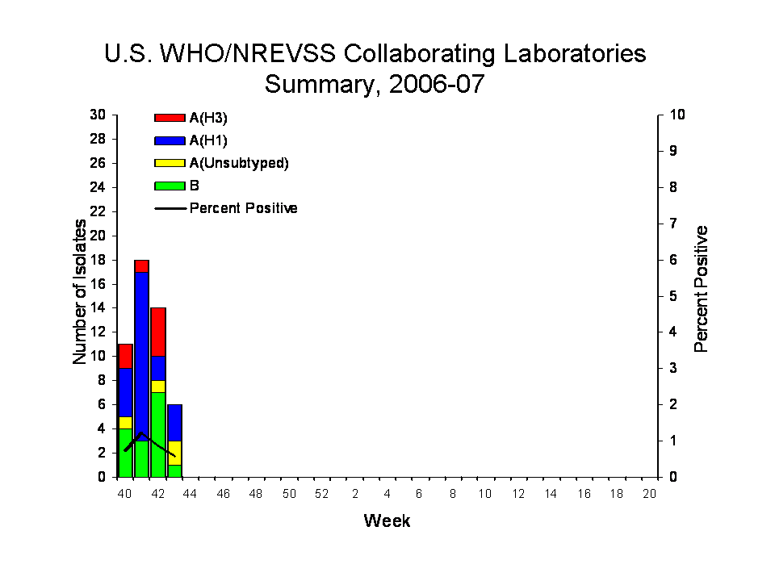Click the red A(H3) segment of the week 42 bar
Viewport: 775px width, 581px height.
point(158,332)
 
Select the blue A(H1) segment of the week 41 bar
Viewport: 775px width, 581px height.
point(142,356)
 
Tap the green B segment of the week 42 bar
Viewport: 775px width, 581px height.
point(158,435)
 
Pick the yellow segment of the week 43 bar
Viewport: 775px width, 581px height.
point(175,453)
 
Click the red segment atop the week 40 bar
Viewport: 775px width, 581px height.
point(126,356)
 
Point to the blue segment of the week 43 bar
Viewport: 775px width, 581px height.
point(175,423)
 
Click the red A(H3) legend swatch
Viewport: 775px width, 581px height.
point(170,118)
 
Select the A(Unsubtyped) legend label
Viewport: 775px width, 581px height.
point(239,164)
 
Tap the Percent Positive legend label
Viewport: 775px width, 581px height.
point(244,208)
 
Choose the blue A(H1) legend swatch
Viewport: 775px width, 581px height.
point(170,140)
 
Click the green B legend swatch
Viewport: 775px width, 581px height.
point(170,186)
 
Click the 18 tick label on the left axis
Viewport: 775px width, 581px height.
point(98,260)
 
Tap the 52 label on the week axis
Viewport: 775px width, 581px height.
point(322,494)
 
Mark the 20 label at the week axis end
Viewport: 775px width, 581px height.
point(649,494)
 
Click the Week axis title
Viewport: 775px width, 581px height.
point(387,520)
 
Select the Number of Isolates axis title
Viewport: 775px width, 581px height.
point(80,292)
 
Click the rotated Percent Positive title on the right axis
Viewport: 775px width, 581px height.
point(701,289)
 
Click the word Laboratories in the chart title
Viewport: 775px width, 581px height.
point(575,53)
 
